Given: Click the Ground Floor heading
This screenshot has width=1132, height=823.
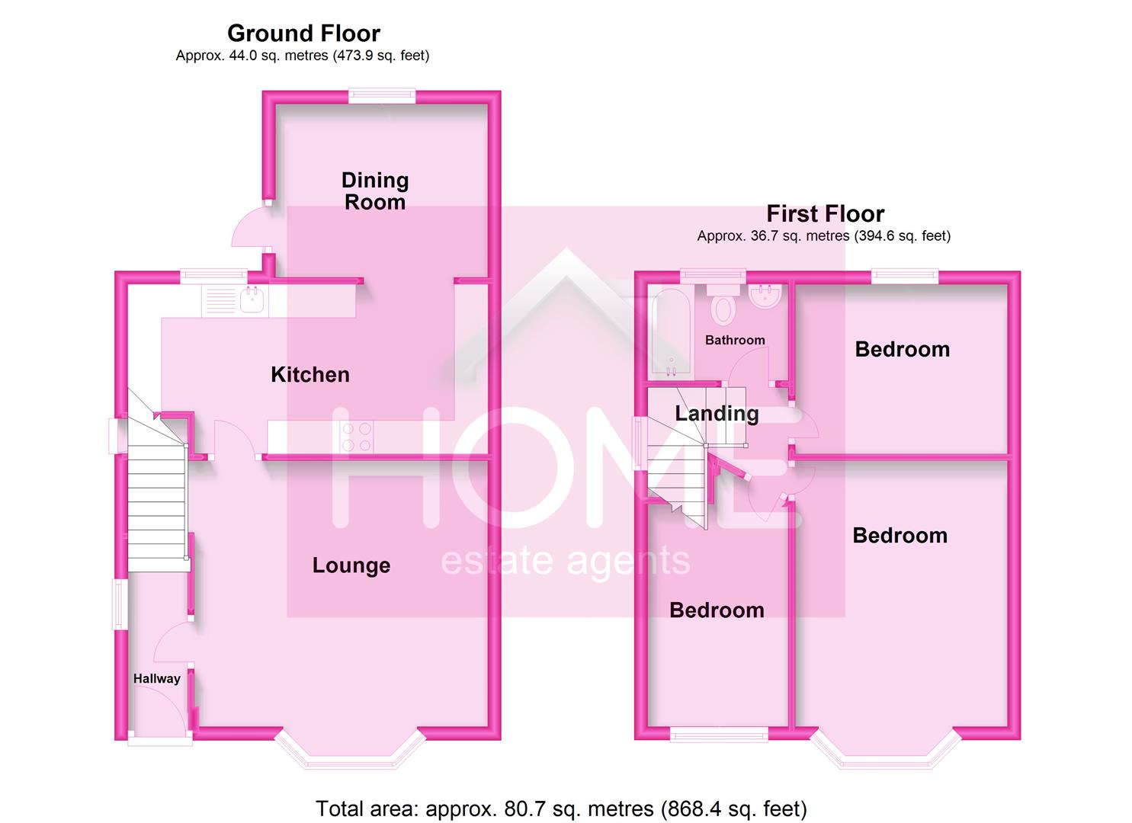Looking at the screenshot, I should tap(303, 34).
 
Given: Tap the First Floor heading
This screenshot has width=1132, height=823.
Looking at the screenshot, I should tap(825, 213).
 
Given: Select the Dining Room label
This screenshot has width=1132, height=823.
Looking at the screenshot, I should tap(375, 191).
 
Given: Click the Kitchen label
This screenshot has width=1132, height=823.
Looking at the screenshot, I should tap(310, 374).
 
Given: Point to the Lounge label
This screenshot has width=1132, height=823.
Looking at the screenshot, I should tap(351, 565).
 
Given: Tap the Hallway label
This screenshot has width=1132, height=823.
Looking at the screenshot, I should tap(157, 678).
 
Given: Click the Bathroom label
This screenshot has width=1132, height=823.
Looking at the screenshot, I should tap(735, 340).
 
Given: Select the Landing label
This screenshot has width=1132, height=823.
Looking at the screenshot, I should tap(717, 413).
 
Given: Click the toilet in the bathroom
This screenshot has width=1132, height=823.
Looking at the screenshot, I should tap(722, 306).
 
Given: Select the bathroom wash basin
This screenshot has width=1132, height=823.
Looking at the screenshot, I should tap(764, 296).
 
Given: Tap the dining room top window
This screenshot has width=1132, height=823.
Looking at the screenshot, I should tap(382, 96).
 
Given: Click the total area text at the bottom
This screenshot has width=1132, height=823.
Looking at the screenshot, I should tap(561, 808).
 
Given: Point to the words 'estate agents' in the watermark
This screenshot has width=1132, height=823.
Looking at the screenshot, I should tap(566, 562).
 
